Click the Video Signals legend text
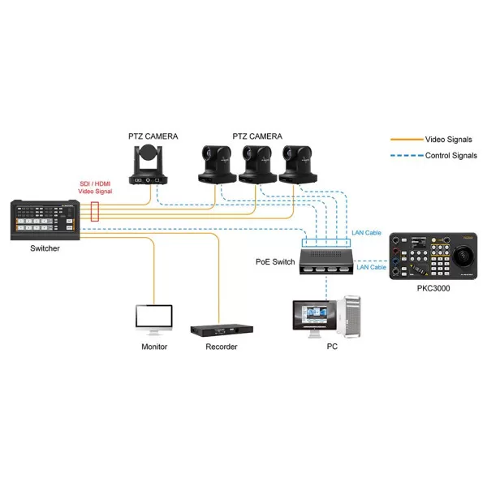pyautogui.click(x=447, y=140)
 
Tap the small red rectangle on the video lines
pyautogui.click(x=95, y=213)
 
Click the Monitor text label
pyautogui.click(x=153, y=347)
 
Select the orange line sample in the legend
pyautogui.click(x=405, y=140)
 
